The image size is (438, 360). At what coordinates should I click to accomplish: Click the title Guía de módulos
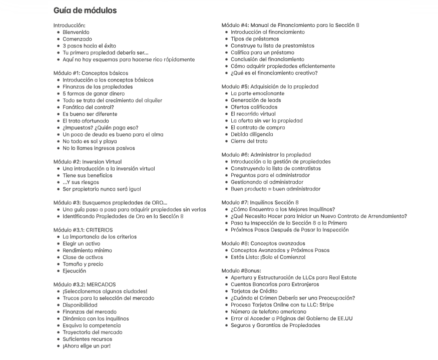coord(85,10)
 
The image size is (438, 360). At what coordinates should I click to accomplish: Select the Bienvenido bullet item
coord(76,32)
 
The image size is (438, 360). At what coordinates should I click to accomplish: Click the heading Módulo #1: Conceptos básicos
coord(91,73)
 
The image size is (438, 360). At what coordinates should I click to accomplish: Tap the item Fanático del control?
coord(88,107)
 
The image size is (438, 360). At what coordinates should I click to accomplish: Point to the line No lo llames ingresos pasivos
coord(99,148)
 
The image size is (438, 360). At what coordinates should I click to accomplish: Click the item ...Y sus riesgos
coord(81,182)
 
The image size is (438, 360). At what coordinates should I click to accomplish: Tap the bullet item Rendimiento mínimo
coord(87,250)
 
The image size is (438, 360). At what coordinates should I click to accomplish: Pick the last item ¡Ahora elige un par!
coord(87,346)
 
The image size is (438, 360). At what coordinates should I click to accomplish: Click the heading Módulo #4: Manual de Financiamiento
coord(290,25)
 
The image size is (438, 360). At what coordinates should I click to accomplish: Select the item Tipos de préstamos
coord(255,39)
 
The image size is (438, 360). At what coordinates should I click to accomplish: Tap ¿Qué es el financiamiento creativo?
coord(274,73)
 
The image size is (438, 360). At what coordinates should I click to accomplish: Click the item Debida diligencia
coord(252,134)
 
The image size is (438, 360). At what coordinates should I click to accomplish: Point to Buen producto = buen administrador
coord(275,189)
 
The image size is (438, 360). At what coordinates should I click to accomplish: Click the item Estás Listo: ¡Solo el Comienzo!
coord(268,257)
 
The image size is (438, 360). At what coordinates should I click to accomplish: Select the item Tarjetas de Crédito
coord(254,291)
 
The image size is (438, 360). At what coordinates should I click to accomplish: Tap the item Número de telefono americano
coord(268,311)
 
